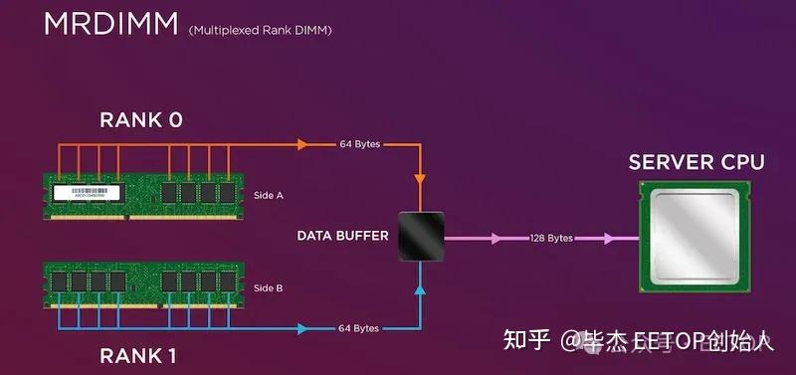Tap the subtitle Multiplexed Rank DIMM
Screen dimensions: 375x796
(x=260, y=31)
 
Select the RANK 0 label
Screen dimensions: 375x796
(x=141, y=120)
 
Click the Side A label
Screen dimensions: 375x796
(x=269, y=196)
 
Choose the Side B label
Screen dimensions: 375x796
(x=269, y=288)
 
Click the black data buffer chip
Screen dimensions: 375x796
(x=421, y=237)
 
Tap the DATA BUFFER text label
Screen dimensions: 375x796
(x=341, y=236)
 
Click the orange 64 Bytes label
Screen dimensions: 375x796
(x=359, y=145)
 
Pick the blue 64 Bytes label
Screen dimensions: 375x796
(x=359, y=328)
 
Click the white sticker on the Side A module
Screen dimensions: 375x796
(x=90, y=192)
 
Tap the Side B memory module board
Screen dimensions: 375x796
(x=144, y=282)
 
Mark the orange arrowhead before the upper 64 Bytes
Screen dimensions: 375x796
(x=301, y=144)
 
